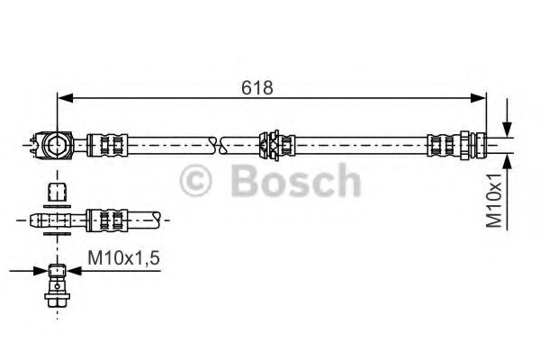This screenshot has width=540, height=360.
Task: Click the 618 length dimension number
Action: tap(257, 88)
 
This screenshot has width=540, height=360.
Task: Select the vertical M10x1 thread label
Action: tap(495, 199)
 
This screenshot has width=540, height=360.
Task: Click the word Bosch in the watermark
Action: tap(296, 183)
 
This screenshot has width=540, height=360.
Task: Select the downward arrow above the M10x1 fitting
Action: tap(509, 126)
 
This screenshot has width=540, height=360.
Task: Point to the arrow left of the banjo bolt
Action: tap(36, 269)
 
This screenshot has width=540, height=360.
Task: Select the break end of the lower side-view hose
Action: tap(158, 218)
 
